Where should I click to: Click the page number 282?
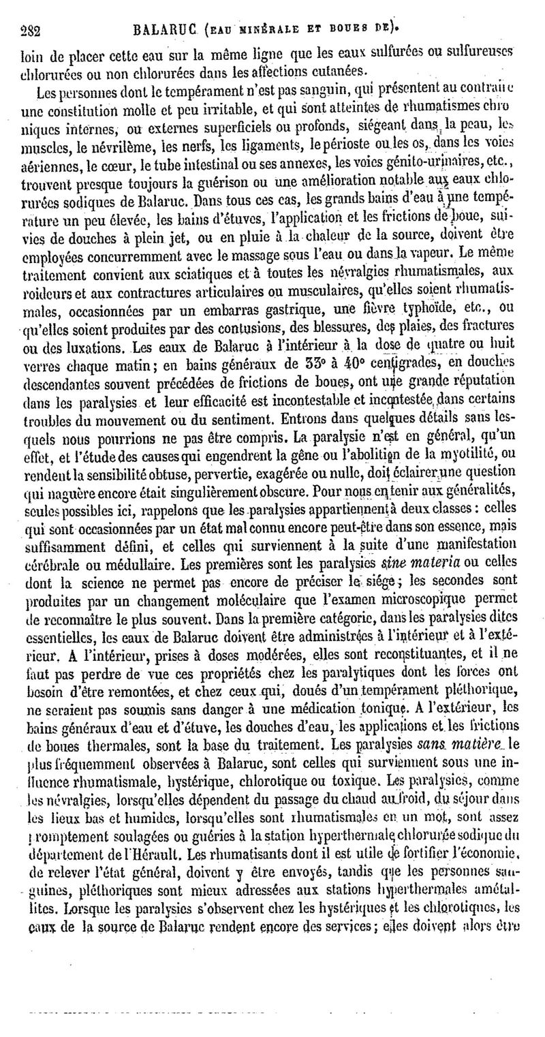[x=31, y=31]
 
